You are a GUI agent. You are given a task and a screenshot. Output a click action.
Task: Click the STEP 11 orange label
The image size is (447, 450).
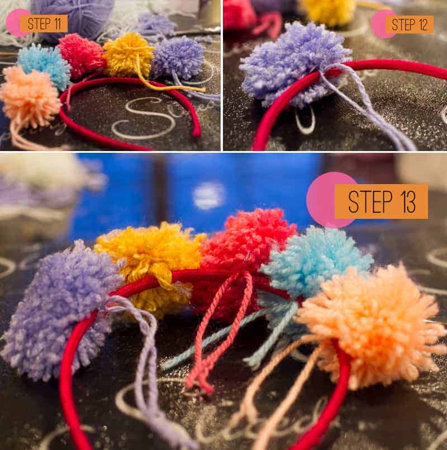(44, 24)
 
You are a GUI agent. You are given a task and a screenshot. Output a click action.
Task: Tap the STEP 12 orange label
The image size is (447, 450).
(410, 25)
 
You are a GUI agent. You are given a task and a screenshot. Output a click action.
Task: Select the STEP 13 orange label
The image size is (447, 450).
(381, 201)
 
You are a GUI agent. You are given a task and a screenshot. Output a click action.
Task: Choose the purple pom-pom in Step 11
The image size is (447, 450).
(178, 58)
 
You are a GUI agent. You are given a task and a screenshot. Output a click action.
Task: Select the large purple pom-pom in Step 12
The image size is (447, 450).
(295, 63)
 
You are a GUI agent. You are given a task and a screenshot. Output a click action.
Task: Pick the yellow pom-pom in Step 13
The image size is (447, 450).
(150, 264)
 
